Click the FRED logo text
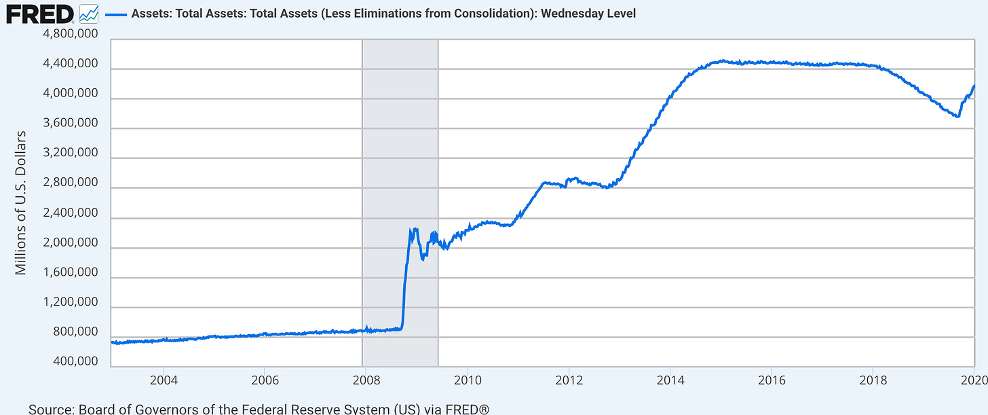(x=40, y=13)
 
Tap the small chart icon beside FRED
(x=88, y=12)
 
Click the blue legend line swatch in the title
(x=115, y=14)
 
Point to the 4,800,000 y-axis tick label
(x=70, y=35)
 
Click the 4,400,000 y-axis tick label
(x=70, y=65)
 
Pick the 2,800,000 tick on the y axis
(x=70, y=183)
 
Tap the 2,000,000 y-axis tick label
(x=70, y=243)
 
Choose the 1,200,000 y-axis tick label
(x=70, y=302)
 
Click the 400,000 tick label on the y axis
(x=76, y=361)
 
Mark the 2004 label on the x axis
(x=164, y=379)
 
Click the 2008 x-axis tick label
(x=366, y=379)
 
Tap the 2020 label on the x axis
(x=974, y=379)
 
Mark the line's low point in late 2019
(x=957, y=116)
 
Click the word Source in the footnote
(x=51, y=408)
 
